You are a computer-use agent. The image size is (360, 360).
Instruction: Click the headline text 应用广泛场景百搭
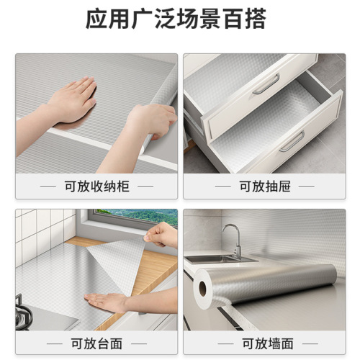click(180, 19)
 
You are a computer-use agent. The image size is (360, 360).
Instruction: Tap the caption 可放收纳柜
click(96, 186)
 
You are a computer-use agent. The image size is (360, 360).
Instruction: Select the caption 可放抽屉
click(264, 186)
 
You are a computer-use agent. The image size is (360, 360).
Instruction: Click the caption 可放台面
click(96, 342)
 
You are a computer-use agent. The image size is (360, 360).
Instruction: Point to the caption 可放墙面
click(264, 342)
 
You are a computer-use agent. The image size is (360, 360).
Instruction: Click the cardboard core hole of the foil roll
click(203, 289)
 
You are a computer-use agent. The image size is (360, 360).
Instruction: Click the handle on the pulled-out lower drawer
click(292, 140)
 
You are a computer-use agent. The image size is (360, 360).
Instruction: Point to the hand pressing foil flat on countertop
click(108, 302)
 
